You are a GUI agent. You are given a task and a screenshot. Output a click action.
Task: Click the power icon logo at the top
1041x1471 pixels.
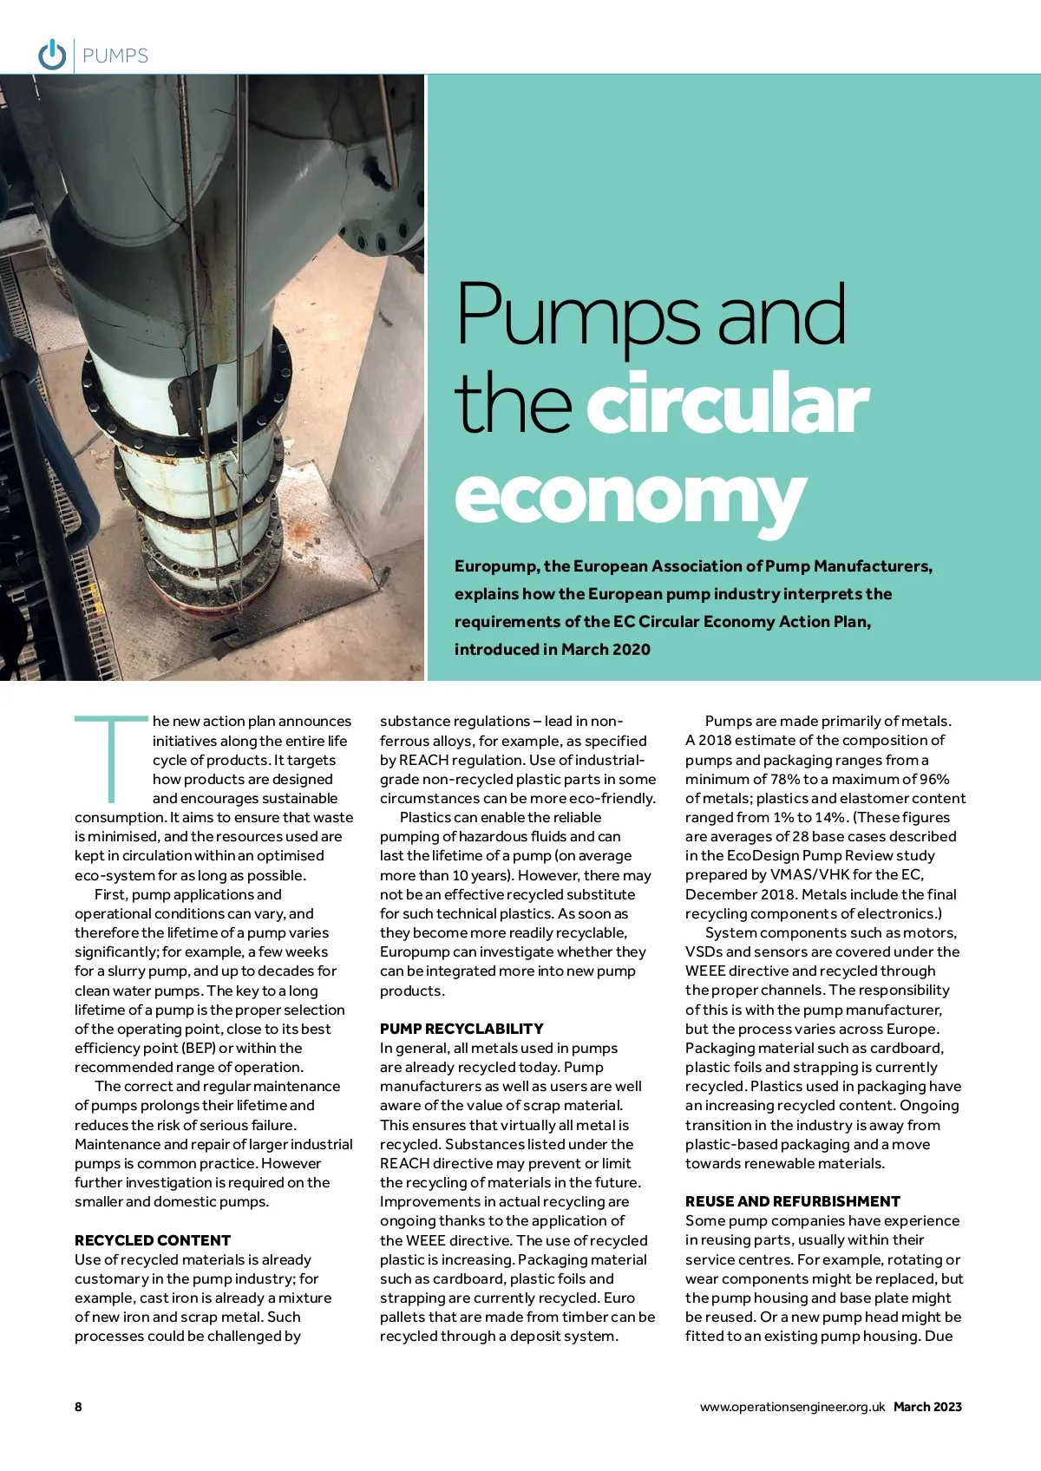[52, 55]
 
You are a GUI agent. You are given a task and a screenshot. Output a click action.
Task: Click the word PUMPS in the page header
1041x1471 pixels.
[115, 56]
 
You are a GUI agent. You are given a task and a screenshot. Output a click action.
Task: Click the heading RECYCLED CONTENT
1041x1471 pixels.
[153, 1240]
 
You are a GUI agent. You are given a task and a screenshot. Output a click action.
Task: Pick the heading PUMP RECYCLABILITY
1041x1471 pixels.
[462, 1029]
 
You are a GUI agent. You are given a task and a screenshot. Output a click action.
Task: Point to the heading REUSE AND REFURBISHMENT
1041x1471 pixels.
[793, 1201]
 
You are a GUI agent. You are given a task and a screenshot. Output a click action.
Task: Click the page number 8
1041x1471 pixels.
[78, 1407]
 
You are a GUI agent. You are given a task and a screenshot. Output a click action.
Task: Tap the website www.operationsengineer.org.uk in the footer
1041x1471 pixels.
[792, 1407]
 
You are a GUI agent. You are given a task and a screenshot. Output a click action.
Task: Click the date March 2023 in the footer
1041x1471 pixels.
[927, 1407]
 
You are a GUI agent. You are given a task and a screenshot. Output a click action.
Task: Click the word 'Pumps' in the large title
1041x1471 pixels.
[577, 314]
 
